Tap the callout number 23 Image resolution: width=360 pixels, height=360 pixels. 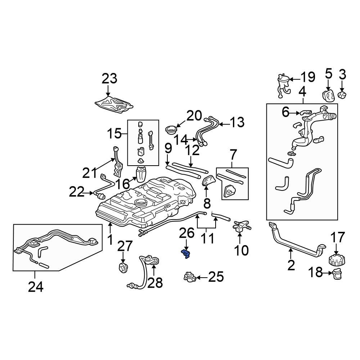coord(109,78)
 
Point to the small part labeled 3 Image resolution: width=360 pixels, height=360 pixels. coord(342,95)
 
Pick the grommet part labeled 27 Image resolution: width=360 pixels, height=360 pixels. coord(123,268)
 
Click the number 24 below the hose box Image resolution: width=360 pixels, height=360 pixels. coord(36,287)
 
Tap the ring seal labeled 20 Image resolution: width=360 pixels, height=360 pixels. coord(171,129)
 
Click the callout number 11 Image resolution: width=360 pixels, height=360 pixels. coord(206,238)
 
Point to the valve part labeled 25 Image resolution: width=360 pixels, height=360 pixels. coord(189,277)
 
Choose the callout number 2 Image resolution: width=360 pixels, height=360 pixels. coord(291,265)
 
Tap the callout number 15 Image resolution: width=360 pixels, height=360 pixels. coord(114,134)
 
